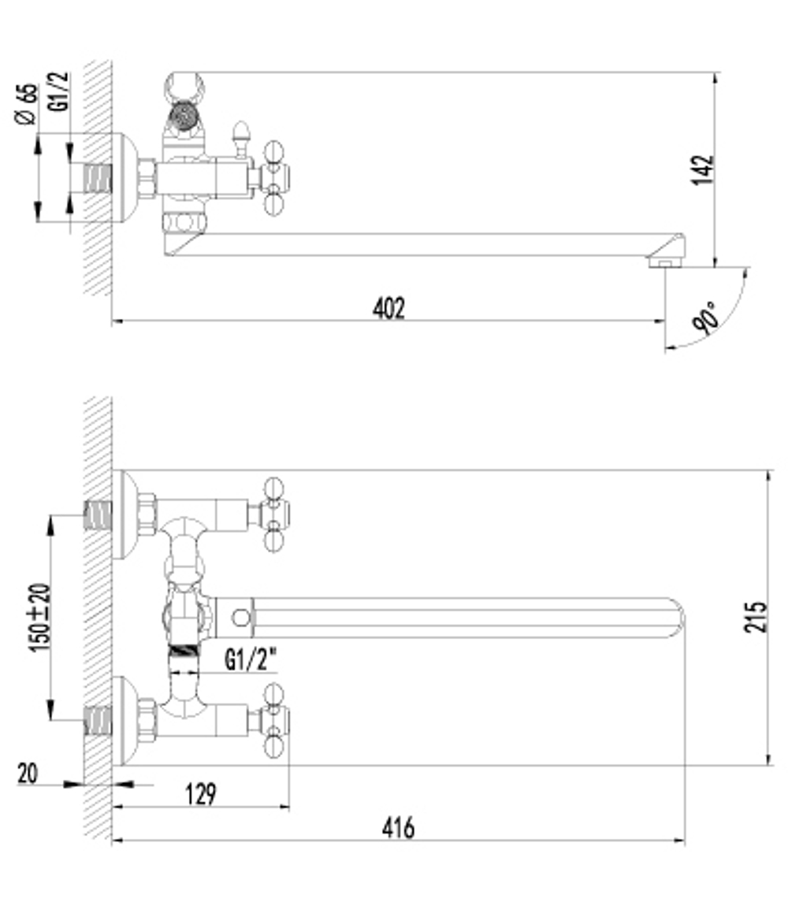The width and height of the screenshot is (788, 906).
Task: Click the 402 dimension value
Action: coord(388,307)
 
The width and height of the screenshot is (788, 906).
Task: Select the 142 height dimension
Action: coord(704,170)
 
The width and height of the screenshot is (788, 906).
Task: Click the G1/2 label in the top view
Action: coord(59,93)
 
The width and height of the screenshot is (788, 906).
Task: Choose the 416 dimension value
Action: coord(398,828)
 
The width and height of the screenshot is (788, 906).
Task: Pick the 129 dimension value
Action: coord(200,794)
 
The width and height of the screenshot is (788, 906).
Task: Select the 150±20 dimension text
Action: coord(39,617)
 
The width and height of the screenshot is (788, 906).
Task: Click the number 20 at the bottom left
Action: coord(28,774)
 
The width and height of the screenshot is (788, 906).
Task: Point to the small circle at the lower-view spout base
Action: coord(241,618)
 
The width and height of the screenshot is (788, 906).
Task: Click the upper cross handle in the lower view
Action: coord(273,514)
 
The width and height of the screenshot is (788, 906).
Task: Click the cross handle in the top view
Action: coord(273,177)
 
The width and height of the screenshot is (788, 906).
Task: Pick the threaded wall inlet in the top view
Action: coord(97,178)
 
